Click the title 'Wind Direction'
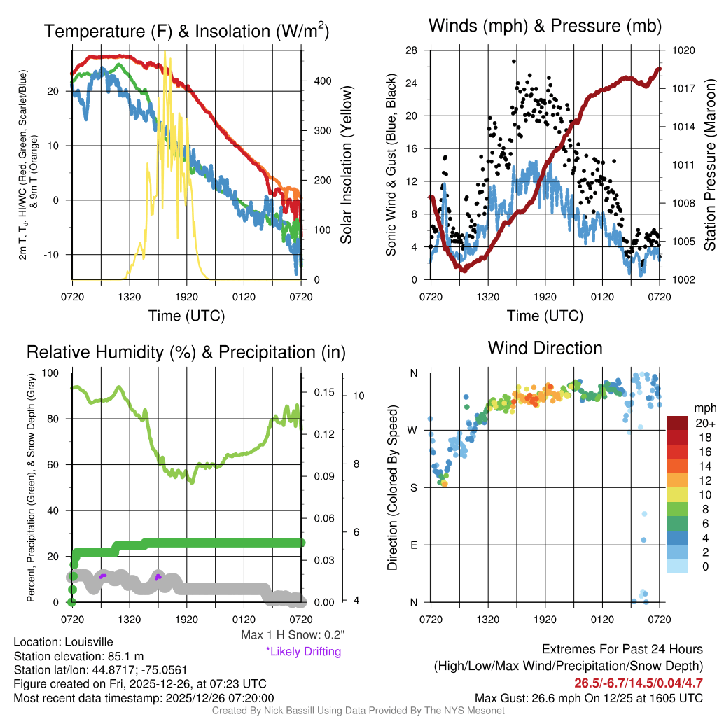545,348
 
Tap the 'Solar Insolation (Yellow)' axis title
346,165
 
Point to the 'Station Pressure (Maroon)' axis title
709,165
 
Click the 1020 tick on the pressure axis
683,50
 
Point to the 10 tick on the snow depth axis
358,396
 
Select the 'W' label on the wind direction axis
414,430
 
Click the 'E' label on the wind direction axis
414,545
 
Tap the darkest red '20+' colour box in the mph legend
678,422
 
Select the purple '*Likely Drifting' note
303,651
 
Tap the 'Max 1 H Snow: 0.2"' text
293,635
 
